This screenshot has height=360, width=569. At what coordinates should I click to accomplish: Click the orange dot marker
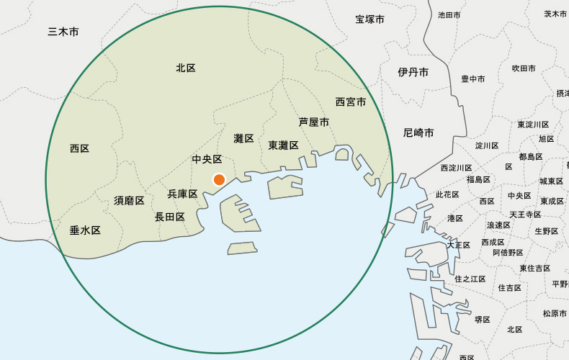tap(219, 179)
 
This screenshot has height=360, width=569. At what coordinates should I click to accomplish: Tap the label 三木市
tap(63, 32)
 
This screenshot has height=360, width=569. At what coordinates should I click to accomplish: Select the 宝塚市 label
tap(370, 19)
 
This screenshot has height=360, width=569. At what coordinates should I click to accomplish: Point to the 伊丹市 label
tap(413, 72)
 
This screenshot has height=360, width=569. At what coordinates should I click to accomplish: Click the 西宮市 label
tap(351, 102)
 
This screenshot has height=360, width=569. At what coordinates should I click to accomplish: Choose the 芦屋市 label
tap(314, 122)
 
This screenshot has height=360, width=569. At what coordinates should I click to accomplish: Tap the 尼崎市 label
tap(418, 133)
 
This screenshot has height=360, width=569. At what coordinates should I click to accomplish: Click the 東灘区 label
tap(284, 145)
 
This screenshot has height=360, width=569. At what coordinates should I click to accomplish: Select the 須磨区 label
tap(129, 200)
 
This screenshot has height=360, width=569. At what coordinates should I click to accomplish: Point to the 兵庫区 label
tap(182, 194)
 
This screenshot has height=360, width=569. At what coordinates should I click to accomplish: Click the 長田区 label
tap(170, 217)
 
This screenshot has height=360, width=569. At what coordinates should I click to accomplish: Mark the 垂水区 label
tap(85, 230)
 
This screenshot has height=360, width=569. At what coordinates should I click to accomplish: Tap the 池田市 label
tap(449, 15)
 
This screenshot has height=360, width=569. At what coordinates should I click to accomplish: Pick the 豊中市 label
tap(473, 79)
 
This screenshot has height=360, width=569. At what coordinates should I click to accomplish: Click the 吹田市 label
tap(524, 68)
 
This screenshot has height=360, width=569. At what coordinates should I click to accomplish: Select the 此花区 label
tap(447, 195)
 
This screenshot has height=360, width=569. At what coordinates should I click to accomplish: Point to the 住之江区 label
tap(470, 279)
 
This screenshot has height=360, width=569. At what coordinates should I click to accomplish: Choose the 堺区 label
tap(483, 320)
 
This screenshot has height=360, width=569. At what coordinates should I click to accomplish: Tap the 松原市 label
tap(555, 314)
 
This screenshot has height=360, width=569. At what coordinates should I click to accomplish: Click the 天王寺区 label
tap(525, 215)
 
